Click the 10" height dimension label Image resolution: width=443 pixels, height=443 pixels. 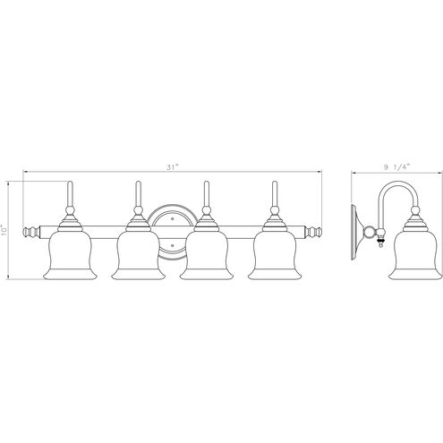(x=7, y=230)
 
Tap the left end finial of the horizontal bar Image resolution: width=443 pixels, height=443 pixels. (x=32, y=232)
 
